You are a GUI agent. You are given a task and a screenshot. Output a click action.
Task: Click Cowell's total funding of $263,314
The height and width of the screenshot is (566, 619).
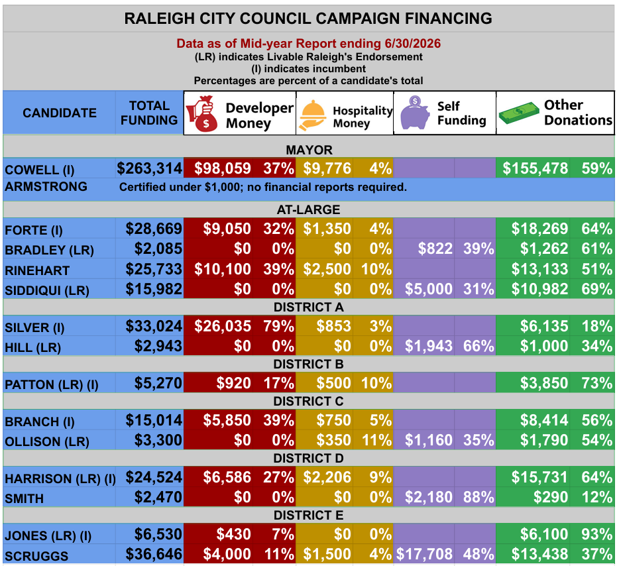149,168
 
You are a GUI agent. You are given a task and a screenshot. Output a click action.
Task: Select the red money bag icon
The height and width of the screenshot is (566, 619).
201,114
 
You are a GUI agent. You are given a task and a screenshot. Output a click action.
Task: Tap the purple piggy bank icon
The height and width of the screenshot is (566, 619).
414,113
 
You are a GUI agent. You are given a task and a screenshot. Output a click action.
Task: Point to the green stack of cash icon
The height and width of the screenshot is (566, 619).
519,113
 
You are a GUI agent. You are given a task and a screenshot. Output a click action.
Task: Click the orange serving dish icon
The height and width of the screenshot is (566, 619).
313,115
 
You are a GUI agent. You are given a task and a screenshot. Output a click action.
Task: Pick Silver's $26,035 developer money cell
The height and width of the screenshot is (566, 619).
223,327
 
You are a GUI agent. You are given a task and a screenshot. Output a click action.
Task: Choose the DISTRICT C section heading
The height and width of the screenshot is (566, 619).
308,402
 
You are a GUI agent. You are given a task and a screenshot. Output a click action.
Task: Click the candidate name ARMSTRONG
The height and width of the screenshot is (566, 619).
46,186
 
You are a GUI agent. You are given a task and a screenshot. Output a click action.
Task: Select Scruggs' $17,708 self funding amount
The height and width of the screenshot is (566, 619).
424,554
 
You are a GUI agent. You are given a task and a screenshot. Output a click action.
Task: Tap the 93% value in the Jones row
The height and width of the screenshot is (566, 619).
596,534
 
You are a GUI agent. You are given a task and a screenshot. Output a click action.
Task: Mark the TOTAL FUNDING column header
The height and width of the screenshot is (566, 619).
149,113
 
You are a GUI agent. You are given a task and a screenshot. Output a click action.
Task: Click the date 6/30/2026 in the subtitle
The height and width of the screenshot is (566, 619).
410,44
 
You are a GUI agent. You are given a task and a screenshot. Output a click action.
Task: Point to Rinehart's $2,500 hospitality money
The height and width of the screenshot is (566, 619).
327,269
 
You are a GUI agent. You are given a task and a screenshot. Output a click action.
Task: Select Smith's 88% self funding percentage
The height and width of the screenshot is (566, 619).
478,497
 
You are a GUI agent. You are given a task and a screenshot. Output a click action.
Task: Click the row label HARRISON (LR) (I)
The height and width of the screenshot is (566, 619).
60,479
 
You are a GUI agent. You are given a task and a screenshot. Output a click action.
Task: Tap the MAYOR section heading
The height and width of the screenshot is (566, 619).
309,150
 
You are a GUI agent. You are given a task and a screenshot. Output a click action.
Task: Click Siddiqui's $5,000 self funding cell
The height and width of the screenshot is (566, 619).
429,290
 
